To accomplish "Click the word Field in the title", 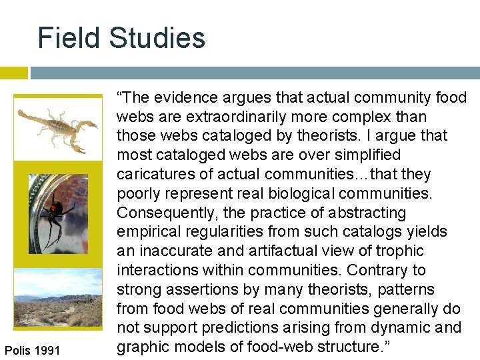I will [x=67, y=38].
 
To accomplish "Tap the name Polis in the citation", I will [x=16, y=351].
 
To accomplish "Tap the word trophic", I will [x=400, y=251].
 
